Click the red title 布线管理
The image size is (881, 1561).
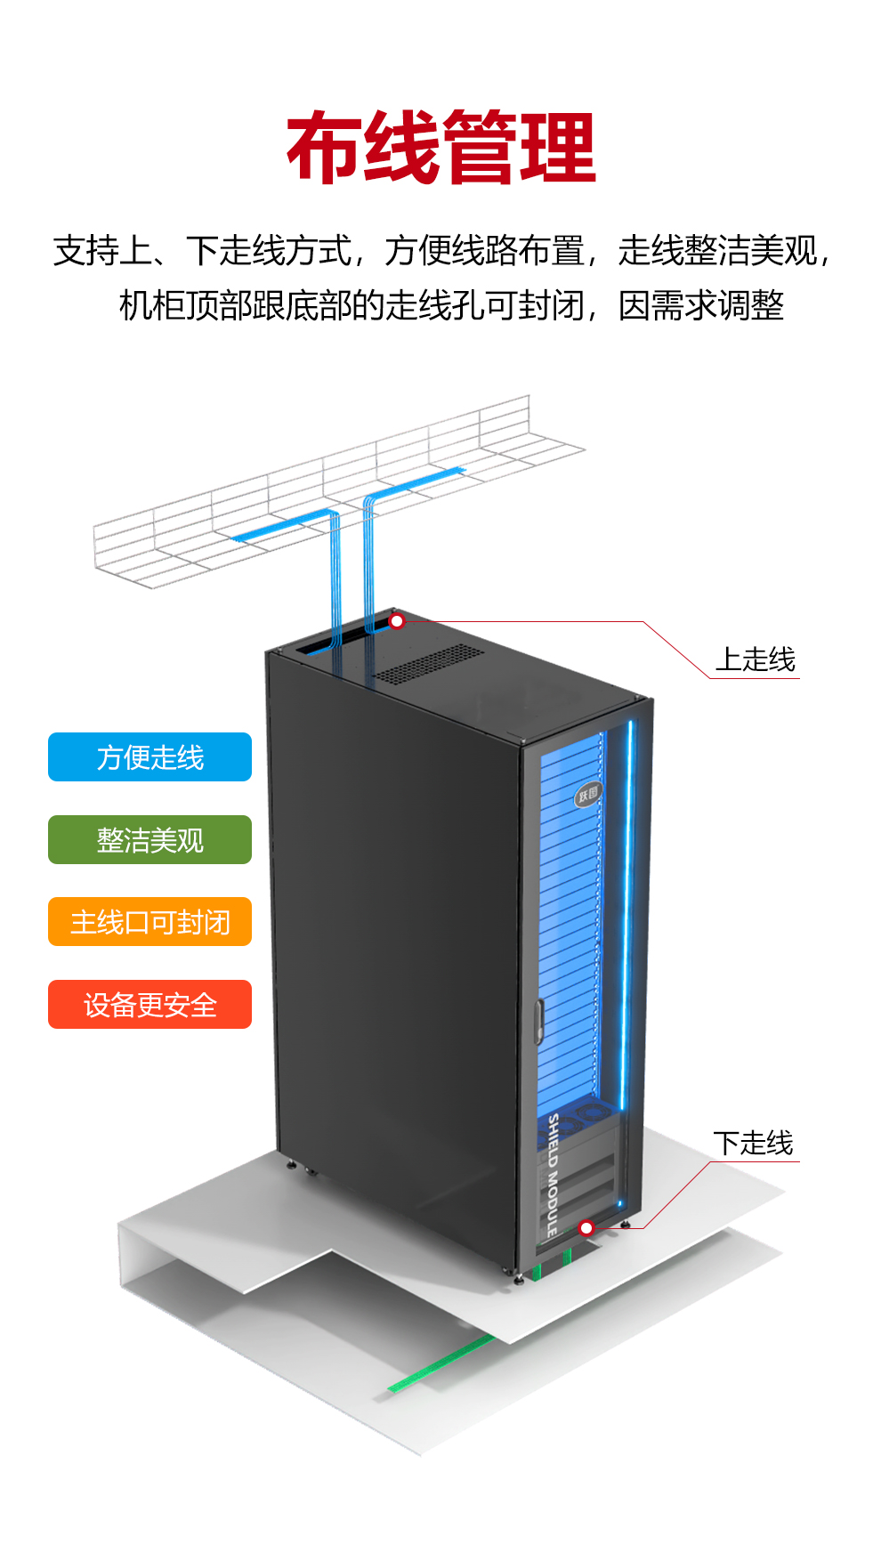[440, 148]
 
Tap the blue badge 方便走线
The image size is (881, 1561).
[150, 757]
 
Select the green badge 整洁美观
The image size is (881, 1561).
[150, 840]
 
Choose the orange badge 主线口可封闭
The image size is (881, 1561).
[150, 922]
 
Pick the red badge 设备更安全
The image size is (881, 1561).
[150, 1005]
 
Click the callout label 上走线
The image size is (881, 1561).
[756, 659]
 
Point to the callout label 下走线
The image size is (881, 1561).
[753, 1143]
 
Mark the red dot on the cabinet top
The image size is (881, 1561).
[397, 621]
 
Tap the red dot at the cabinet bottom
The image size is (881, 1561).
[586, 1228]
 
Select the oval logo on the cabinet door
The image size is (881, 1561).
[587, 794]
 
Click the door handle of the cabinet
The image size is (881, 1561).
[537, 1022]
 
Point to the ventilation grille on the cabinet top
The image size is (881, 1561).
[430, 664]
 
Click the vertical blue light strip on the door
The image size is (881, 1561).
[626, 917]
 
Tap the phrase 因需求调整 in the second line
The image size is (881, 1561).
[701, 305]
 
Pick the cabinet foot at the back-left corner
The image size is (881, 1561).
[291, 1163]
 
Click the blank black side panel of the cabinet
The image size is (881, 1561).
[392, 934]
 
